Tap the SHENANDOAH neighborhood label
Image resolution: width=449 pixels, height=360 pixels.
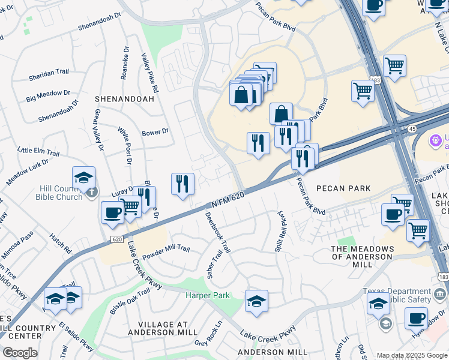click(x=120, y=98)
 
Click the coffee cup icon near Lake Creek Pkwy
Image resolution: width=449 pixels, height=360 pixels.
click(x=113, y=213)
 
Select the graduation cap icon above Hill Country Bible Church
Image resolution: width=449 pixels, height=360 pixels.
click(x=84, y=178)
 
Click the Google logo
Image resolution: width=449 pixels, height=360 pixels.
click(x=20, y=353)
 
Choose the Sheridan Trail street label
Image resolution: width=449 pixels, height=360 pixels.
click(x=49, y=72)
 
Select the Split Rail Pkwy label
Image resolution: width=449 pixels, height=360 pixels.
click(x=280, y=231)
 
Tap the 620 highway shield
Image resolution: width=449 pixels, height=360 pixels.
click(x=116, y=239)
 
